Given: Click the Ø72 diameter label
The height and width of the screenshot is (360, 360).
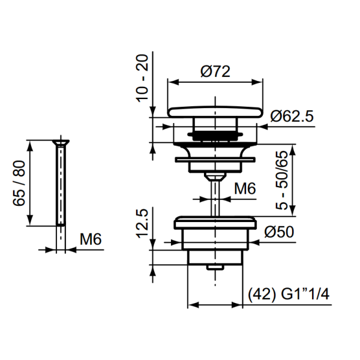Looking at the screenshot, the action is (x=215, y=71).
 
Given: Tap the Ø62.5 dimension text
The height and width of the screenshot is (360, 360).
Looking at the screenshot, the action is (x=292, y=116).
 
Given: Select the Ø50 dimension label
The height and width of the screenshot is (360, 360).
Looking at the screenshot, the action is (x=279, y=232).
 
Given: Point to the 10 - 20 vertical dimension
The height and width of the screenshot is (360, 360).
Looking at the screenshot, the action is (x=142, y=78).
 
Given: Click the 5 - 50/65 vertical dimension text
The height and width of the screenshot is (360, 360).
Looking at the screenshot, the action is (x=282, y=180).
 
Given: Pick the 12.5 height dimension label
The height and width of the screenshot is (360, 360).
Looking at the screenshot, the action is (x=142, y=223).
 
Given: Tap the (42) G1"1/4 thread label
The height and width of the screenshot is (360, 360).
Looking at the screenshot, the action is (x=289, y=294).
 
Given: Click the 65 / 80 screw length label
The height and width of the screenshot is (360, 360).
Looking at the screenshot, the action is (x=19, y=183).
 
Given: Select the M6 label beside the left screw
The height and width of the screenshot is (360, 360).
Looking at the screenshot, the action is (x=91, y=239).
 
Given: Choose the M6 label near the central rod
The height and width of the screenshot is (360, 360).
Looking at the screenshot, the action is (x=245, y=188).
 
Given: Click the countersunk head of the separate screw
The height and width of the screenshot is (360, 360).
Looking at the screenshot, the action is (x=61, y=143).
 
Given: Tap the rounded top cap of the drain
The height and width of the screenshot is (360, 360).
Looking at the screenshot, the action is (x=215, y=112).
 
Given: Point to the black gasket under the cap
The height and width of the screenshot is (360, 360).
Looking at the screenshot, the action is (x=215, y=136).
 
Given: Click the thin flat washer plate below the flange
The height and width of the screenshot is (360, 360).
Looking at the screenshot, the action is (x=215, y=160).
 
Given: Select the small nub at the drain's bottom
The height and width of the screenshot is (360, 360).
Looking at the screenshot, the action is (x=215, y=268).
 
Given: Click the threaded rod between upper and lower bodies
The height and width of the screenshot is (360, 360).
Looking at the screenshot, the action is (x=215, y=196).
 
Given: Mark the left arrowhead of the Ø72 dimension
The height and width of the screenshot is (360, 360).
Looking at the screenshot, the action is (x=173, y=82).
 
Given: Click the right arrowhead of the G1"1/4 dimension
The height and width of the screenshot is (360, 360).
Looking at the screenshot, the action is (x=237, y=305).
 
